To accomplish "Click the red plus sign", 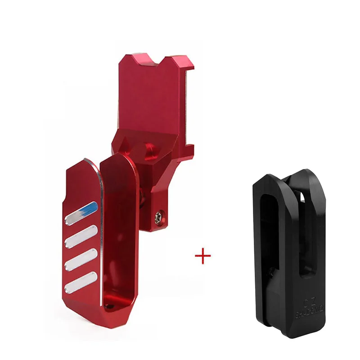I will [x=203, y=256].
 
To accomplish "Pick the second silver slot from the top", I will [x=81, y=238].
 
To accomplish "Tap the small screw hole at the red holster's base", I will [x=109, y=306].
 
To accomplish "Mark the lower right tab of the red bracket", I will [x=189, y=148].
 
